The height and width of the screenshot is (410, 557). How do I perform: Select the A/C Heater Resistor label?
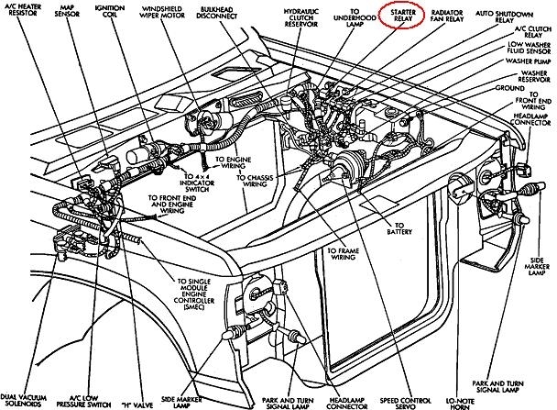27,14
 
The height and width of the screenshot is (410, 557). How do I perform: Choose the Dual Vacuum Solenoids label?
25,400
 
